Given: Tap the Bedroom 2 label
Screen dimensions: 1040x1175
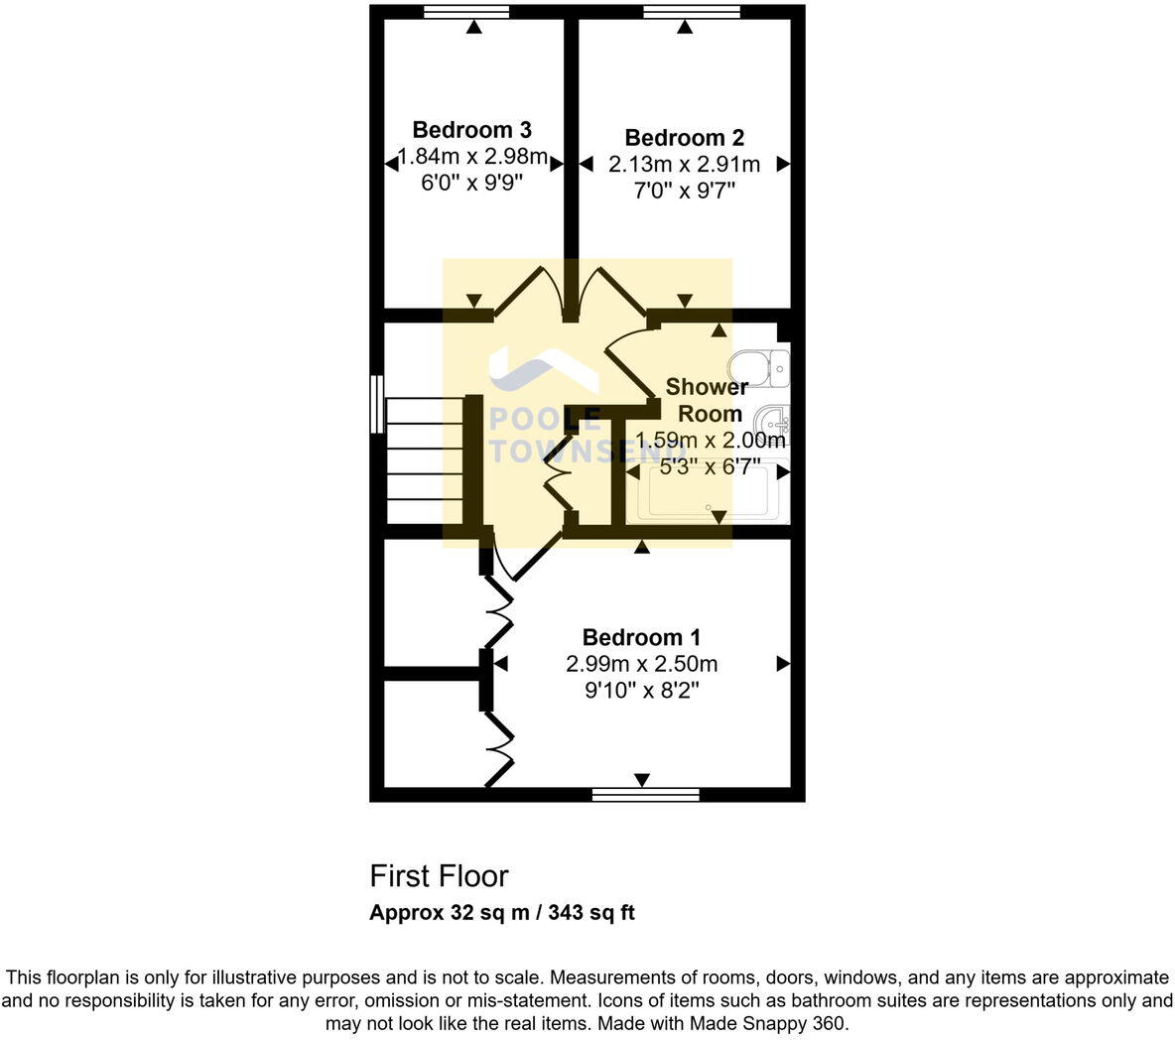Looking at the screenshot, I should [x=684, y=138].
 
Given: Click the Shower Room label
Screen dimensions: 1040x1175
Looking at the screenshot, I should [x=707, y=400].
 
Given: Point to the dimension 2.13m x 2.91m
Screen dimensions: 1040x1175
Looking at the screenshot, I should [x=684, y=165].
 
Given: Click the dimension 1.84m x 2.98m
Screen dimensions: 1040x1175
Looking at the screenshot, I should [x=472, y=157].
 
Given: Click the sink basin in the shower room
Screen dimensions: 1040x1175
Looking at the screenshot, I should [x=772, y=424].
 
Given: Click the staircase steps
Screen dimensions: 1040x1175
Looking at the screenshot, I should [x=425, y=460].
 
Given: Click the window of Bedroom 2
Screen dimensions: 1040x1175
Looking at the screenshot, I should [x=691, y=12].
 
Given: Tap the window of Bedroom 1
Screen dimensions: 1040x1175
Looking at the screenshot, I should [x=645, y=794].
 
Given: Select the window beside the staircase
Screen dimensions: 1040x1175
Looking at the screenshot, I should [x=376, y=403].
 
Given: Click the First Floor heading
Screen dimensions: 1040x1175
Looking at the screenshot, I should [x=439, y=876].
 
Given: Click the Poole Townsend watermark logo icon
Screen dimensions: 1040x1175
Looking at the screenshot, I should [x=541, y=372].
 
